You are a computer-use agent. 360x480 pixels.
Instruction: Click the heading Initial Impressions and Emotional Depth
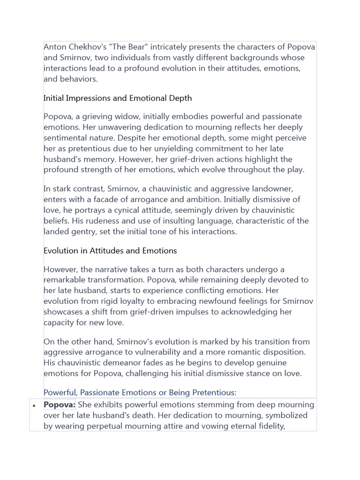(x=118, y=98)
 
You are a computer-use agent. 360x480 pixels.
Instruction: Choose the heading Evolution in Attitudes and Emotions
(x=110, y=251)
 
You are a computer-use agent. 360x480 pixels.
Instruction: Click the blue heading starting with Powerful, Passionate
(x=140, y=392)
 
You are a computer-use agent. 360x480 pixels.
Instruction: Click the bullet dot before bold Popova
(x=34, y=405)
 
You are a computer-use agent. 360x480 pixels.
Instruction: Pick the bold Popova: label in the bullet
(x=60, y=405)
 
